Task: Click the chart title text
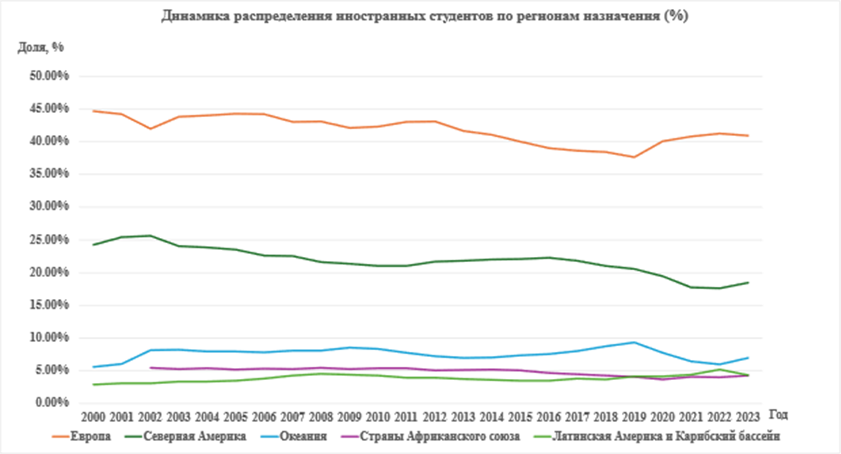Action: [425, 17]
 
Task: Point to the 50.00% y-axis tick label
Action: [51, 76]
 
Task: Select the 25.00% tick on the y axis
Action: [51, 240]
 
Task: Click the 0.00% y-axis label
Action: [54, 403]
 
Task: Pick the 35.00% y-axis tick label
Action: [51, 174]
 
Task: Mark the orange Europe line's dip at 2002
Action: [149, 129]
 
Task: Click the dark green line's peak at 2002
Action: [149, 236]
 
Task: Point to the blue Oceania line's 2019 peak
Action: [633, 342]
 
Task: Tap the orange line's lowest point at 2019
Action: [633, 157]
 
